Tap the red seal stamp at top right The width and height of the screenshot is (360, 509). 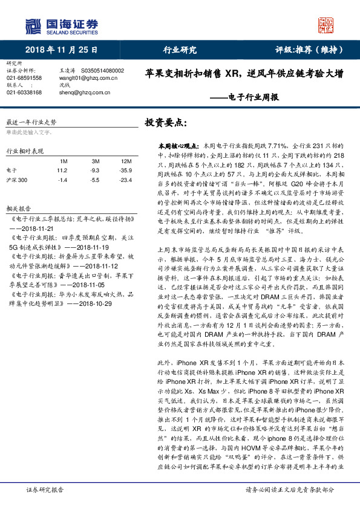(x=327, y=25)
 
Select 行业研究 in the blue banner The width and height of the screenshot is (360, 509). (x=180, y=50)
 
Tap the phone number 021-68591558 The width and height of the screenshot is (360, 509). (x=24, y=78)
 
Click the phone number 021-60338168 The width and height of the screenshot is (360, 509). (x=24, y=92)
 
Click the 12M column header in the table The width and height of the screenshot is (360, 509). (x=126, y=161)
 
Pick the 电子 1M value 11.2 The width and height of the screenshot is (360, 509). (x=62, y=170)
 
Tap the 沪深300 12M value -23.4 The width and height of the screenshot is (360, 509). (x=126, y=180)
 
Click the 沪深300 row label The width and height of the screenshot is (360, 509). (x=17, y=180)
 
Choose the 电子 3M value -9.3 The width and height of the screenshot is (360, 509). (x=95, y=170)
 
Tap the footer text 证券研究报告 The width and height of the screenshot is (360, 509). (x=42, y=491)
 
